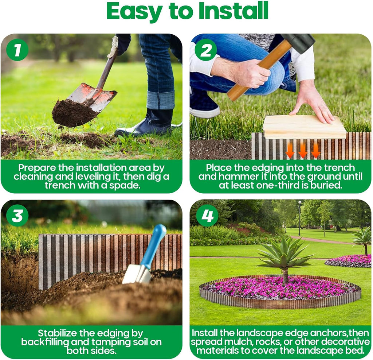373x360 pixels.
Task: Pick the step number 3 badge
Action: coord(17,216)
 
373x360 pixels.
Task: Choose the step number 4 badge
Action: coord(207,216)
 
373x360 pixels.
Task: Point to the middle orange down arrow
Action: coord(303,150)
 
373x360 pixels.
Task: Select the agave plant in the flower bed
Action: coord(284,255)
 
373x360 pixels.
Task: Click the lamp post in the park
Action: coord(300,217)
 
